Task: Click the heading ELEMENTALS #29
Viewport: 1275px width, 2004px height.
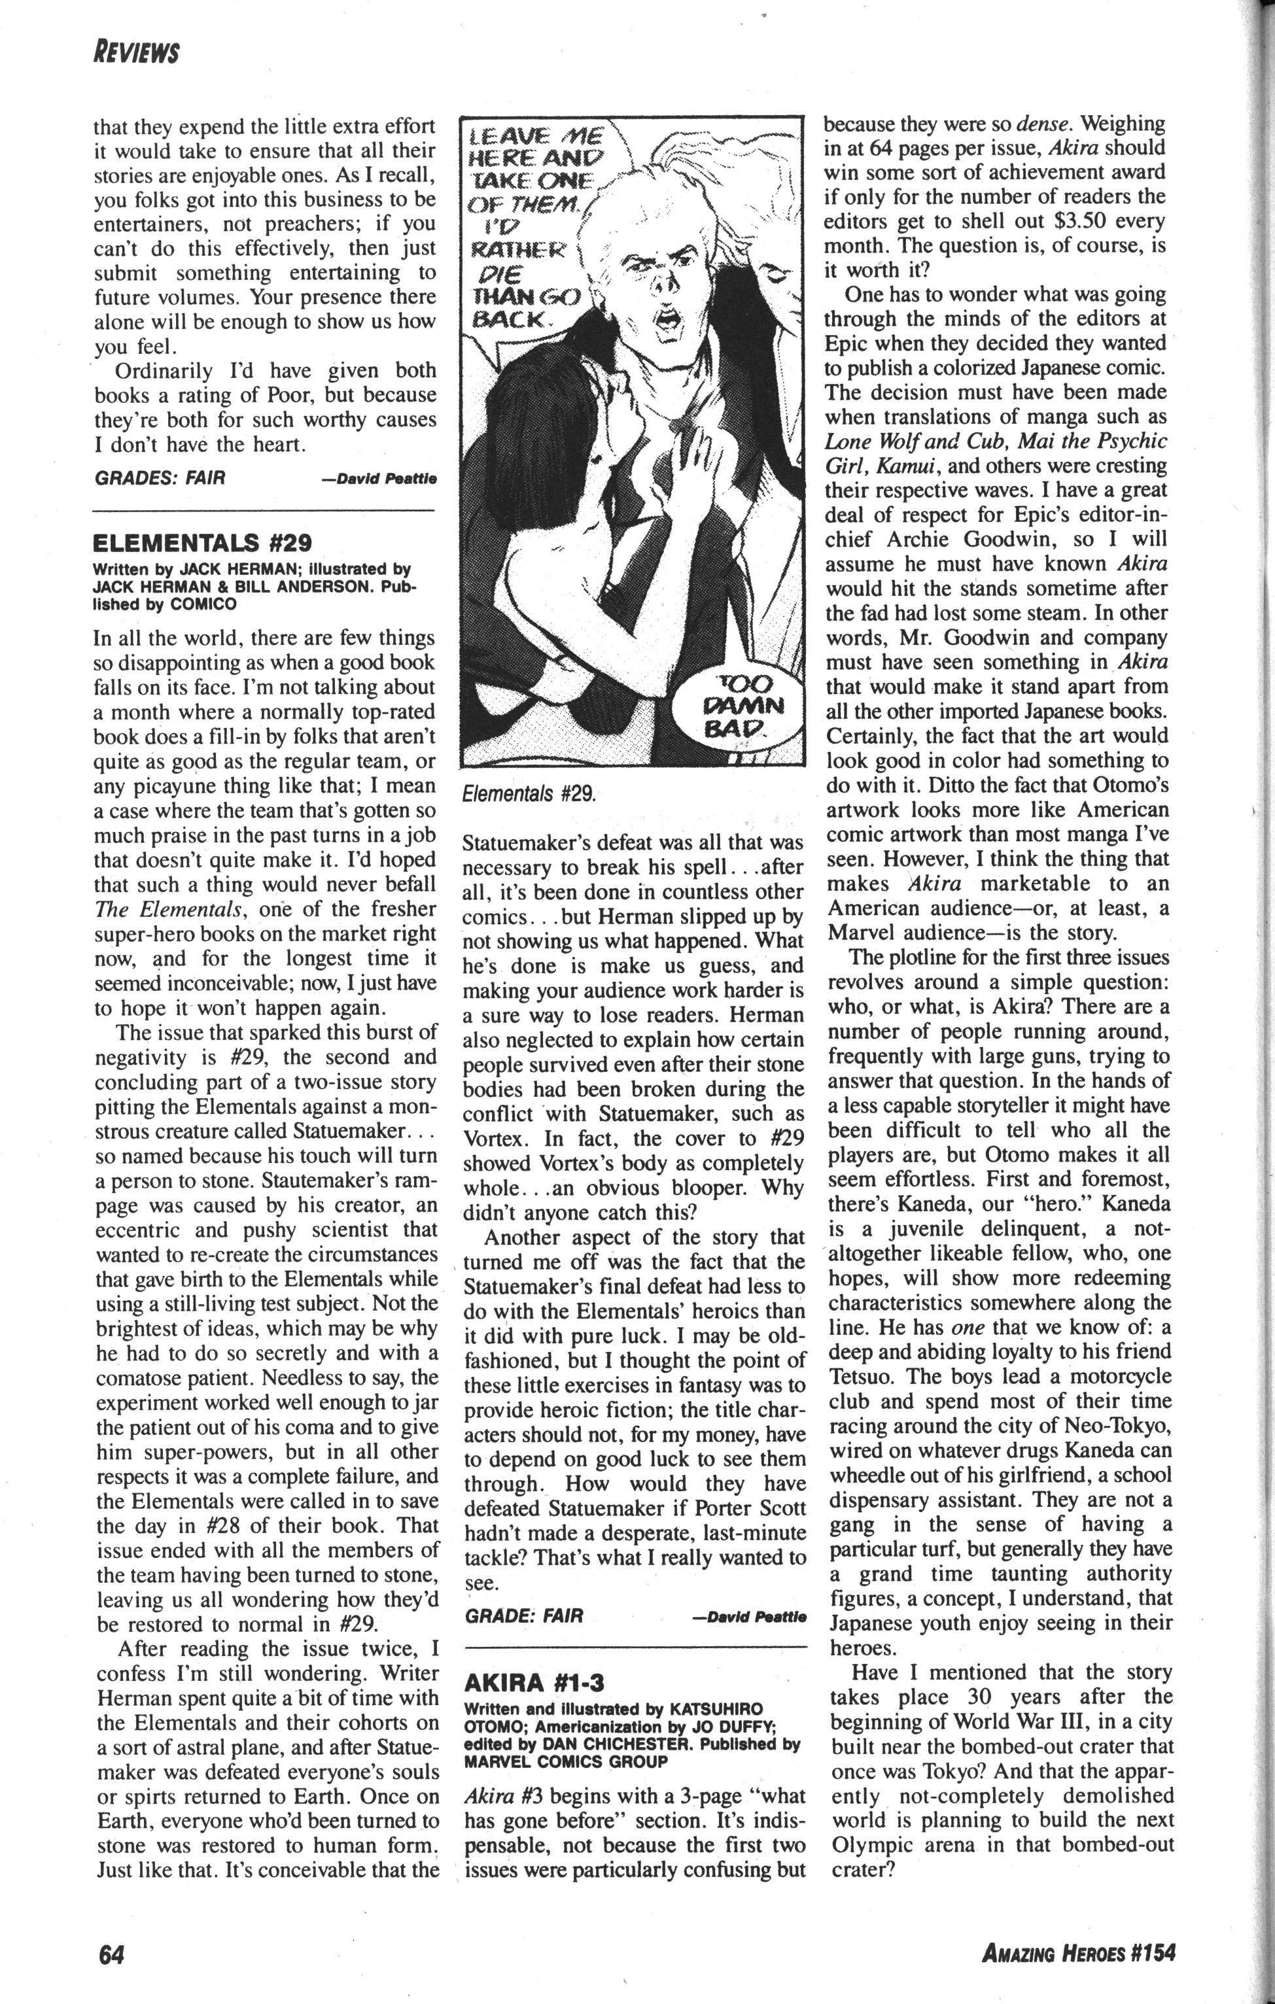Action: pos(202,544)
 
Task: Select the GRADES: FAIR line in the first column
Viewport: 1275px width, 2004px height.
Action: pos(160,477)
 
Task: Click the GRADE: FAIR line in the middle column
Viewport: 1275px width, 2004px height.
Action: pos(524,1615)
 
